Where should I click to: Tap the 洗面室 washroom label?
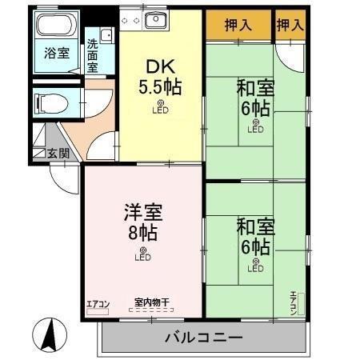tap(93, 55)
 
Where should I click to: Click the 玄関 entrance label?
tap(57, 152)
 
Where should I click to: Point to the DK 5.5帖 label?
tap(162, 78)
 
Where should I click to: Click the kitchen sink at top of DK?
tap(155, 20)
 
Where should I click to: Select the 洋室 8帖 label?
tap(142, 223)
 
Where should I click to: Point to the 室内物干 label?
tap(151, 302)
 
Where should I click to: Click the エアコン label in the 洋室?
tap(98, 303)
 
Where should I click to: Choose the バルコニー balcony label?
tap(203, 337)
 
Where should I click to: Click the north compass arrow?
tap(48, 331)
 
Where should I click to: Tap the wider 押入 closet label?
tap(238, 25)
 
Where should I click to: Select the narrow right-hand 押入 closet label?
tap(290, 25)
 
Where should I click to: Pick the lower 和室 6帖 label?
tap(254, 236)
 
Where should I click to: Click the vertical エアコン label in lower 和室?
tap(294, 302)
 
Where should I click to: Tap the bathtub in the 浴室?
tap(56, 26)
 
